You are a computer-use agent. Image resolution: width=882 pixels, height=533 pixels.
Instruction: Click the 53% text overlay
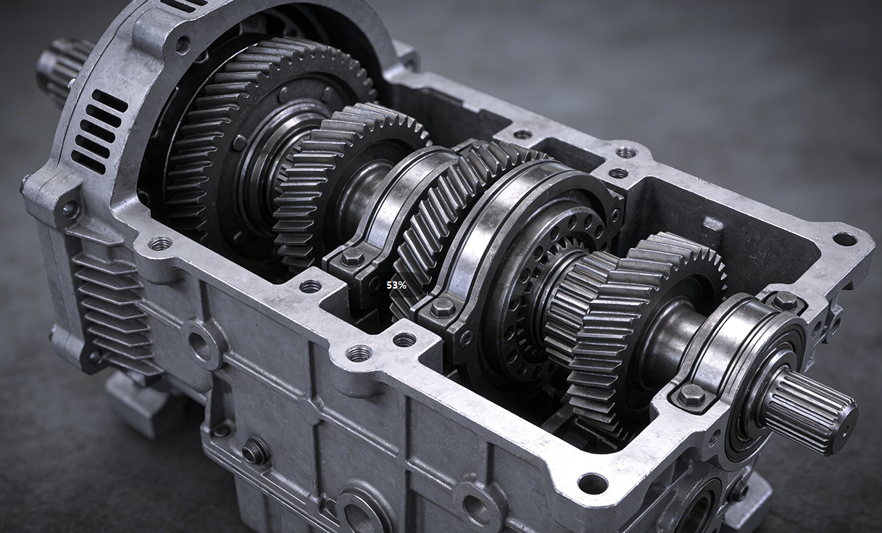[396, 285]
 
